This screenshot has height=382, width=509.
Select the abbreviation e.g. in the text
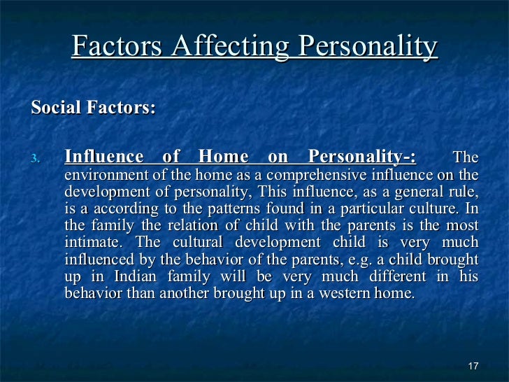[x=350, y=260]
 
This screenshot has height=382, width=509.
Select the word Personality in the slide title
[x=368, y=47]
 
